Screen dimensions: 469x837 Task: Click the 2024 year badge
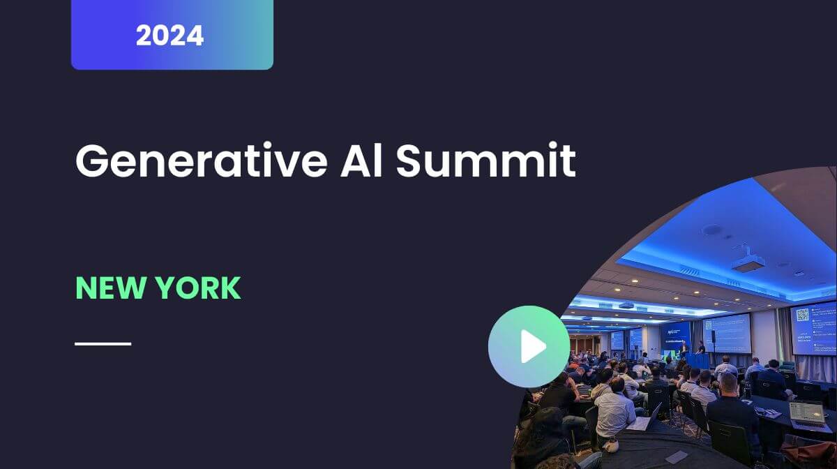(x=172, y=35)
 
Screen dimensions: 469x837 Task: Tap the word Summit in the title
(x=485, y=161)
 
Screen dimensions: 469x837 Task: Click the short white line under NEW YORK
(x=103, y=343)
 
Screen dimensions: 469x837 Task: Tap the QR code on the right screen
(x=802, y=315)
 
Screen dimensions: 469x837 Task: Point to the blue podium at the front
(x=697, y=360)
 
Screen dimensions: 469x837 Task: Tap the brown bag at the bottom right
(x=813, y=449)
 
